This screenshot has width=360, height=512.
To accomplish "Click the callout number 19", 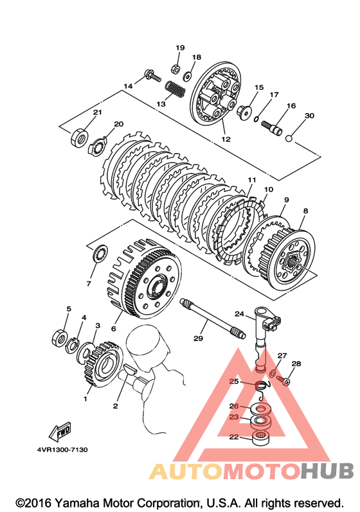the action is (x=180, y=48).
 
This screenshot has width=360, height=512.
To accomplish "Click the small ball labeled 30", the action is (x=289, y=138).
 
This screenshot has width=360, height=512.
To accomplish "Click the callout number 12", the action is (x=226, y=139).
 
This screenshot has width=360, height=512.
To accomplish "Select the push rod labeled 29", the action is (x=213, y=319).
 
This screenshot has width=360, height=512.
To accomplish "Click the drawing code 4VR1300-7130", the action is (x=62, y=450).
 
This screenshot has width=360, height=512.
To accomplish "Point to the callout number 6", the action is (x=113, y=328).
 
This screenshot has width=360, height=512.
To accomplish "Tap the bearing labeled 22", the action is (x=260, y=437).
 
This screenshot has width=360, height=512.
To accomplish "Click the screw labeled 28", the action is (x=283, y=380).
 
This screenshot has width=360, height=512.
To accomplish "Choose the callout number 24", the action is (x=239, y=313).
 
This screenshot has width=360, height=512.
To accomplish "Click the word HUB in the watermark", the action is (x=327, y=470).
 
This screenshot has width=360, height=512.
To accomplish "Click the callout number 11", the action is (x=251, y=180).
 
